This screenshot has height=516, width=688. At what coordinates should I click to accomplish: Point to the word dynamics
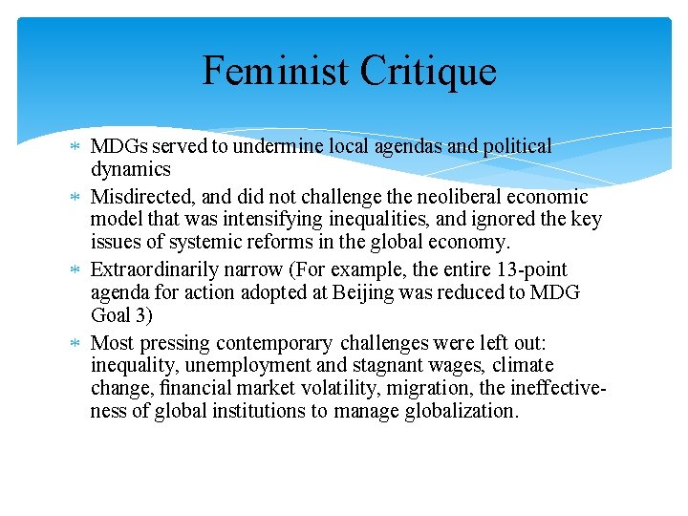pos(131,170)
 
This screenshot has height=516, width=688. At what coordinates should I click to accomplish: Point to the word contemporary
pos(276,342)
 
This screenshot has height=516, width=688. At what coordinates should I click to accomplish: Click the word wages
pos(415,365)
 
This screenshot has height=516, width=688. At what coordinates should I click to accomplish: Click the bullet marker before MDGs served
pos(76,147)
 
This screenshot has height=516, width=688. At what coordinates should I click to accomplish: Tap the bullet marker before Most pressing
pos(76,342)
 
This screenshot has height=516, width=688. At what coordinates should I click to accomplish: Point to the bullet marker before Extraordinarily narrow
pos(76,269)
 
